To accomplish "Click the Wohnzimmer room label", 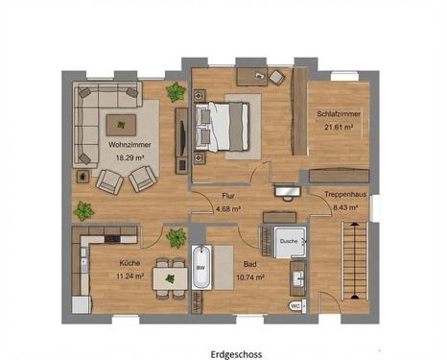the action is pos(129,145).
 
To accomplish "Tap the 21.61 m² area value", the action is pos(339,127).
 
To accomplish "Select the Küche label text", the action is pos(129,263).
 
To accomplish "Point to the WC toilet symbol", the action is pos(295,306).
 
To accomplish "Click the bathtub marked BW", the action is pos(201,267).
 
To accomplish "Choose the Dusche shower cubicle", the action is pos(290,242).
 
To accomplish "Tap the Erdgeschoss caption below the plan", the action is pos(236,354).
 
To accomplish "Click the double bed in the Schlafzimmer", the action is pos(223,126).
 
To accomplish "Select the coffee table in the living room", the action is pos(121,125).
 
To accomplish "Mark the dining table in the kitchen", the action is pos(170,278).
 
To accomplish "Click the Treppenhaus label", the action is pos(345,194).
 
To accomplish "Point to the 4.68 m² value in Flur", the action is pos(228,209).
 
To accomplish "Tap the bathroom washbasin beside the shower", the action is pos(298,278).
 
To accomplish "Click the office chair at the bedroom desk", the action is pos(276,77).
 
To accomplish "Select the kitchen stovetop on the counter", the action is pos(112,239).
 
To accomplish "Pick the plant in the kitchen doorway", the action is pos(176,238).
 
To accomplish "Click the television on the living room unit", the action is pos(182,137).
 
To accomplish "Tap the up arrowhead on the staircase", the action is pos(354,224).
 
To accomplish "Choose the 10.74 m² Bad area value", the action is pos(250,277).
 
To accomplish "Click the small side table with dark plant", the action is pos(82,176).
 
